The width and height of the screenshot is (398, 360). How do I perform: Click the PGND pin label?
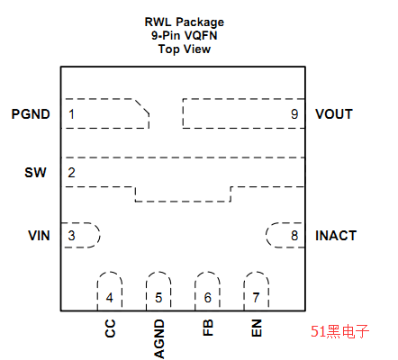point(31,114)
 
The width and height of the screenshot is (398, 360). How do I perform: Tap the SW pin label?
point(35,173)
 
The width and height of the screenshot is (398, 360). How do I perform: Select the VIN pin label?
point(39,236)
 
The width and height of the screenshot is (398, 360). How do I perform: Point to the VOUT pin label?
point(334,114)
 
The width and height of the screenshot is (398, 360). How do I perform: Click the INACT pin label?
point(336,236)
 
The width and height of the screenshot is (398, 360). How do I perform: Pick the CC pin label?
point(110,328)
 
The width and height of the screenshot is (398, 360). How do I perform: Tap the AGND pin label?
point(159,338)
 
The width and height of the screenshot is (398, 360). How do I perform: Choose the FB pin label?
point(208,328)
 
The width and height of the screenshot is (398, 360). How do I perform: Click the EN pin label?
point(257,328)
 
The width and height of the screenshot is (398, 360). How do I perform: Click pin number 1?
point(71,114)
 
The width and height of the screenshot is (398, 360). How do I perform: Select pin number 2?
point(71,173)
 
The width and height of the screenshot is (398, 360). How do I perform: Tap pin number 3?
point(71,236)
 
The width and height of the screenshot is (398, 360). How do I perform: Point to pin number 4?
point(110,298)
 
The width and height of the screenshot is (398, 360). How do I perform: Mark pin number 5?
point(158,298)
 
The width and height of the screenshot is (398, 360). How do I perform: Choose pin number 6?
point(208,298)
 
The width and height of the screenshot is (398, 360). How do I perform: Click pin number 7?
point(256,298)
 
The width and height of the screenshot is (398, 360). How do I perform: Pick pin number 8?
point(294,236)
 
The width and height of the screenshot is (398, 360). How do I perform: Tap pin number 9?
point(294,114)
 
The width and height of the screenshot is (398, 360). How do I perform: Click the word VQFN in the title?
point(201,36)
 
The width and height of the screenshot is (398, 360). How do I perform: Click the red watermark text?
point(339,331)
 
